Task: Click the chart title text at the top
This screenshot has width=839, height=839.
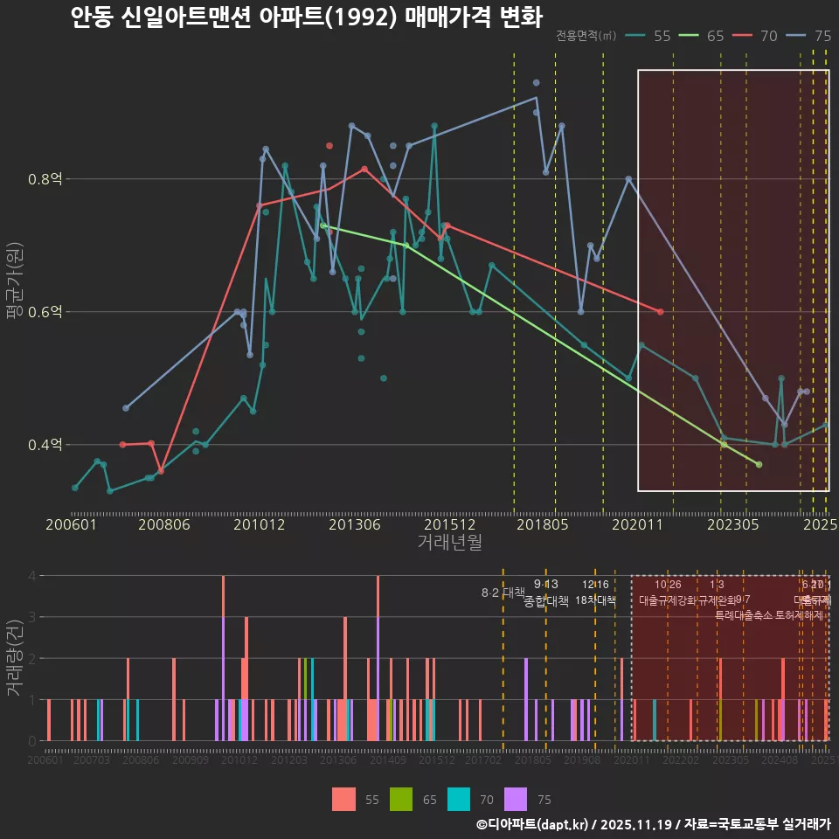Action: click(306, 17)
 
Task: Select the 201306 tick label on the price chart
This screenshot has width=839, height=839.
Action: click(353, 524)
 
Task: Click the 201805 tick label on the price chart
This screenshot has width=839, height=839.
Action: click(543, 524)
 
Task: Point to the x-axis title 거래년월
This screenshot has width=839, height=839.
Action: click(449, 543)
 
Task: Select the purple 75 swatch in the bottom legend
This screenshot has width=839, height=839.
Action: click(517, 799)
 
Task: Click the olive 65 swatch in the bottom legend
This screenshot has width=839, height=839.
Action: click(400, 799)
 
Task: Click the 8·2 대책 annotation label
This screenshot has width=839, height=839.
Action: click(503, 593)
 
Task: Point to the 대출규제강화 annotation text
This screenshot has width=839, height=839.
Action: click(668, 600)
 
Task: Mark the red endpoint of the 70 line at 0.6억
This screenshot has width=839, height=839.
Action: click(660, 312)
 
